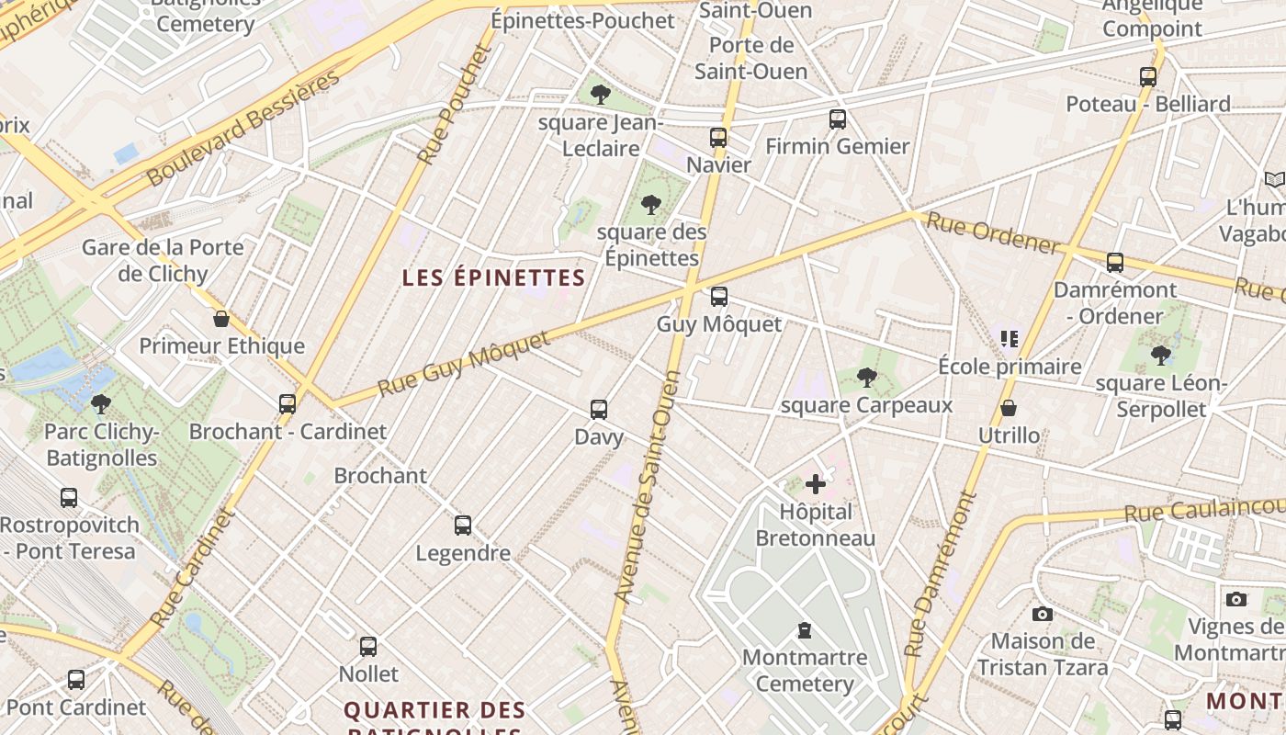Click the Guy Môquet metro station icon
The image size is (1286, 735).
719,297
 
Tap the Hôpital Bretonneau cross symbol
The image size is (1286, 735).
815,484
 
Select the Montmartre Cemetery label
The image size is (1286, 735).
805,670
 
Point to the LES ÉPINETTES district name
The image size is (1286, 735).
493,277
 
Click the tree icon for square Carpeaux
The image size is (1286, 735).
866,377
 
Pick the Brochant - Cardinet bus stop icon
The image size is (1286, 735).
288,403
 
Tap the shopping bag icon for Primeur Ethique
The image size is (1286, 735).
221,319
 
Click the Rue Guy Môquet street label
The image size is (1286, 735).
464,364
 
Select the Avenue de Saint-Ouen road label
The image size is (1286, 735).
649,487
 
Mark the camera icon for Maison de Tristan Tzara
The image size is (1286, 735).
1042,614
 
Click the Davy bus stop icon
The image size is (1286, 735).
599,409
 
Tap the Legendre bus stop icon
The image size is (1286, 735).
463,526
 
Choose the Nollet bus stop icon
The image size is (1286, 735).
368,646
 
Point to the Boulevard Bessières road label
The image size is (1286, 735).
243,127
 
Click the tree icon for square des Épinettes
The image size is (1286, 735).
651,204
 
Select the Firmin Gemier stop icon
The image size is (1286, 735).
837,119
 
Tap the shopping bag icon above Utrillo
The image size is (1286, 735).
1009,408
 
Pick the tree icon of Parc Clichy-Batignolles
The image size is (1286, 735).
101,403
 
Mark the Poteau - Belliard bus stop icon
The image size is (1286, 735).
1148,77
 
